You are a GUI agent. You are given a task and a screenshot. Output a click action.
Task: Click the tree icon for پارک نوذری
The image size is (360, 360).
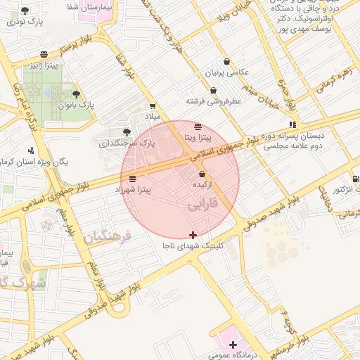[x=25, y=11]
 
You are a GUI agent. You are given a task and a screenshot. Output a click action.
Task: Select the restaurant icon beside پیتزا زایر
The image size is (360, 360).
[x=44, y=54]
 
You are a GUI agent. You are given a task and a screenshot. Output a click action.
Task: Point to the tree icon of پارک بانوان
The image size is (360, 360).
[x=76, y=94]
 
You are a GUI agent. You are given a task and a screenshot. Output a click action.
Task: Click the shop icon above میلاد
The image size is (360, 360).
[x=153, y=105]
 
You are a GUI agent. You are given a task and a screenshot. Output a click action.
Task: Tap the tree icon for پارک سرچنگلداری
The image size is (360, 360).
[x=127, y=131]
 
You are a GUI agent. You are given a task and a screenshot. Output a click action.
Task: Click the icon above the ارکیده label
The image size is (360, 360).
[x=202, y=174]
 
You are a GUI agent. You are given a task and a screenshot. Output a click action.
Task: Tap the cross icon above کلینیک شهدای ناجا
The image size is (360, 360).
[x=193, y=234]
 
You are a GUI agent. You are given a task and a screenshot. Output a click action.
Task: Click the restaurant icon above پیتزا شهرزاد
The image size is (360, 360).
[x=133, y=179]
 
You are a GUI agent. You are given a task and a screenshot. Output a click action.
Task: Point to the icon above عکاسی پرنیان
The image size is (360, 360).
[x=226, y=61]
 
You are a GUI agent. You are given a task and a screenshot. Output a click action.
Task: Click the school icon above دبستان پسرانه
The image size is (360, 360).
[x=293, y=124]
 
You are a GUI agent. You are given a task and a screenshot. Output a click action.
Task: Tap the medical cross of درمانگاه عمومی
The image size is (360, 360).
[x=233, y=344]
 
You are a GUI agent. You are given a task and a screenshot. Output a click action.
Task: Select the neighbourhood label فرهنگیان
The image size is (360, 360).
[x=108, y=237]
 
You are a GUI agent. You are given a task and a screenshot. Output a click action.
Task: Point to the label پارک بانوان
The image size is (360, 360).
[x=76, y=105]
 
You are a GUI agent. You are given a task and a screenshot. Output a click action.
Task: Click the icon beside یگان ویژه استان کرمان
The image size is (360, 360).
[x=30, y=150]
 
